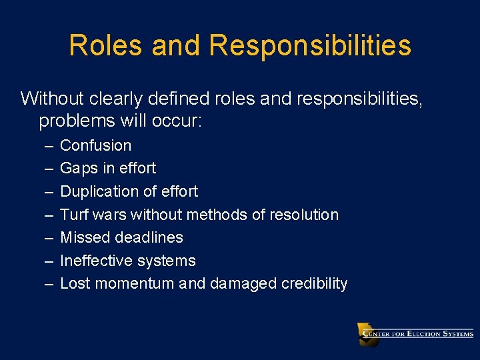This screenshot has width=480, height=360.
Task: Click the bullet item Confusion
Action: click(95, 145)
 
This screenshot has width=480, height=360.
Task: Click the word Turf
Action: click(75, 215)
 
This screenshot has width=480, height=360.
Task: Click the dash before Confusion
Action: click(49, 145)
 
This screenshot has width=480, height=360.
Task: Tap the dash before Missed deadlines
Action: click(49, 238)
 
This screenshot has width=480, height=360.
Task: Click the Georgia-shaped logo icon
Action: click(367, 334)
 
